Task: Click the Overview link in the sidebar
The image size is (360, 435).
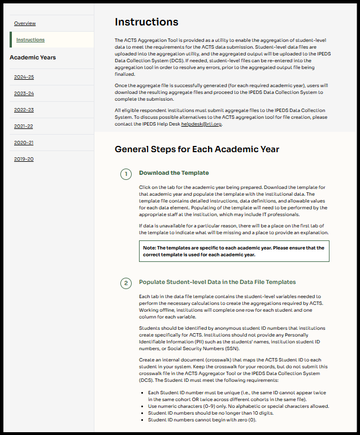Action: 25,23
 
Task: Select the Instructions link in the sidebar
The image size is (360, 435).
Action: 31,40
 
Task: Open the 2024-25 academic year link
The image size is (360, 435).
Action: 24,77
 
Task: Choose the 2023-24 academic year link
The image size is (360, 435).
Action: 24,93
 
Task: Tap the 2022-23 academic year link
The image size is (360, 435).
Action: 24,110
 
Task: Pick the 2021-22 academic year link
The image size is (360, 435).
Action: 24,126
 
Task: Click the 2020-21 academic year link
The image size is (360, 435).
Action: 24,143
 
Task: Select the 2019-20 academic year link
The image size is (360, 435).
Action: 24,159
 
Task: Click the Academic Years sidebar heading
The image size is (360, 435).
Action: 33,58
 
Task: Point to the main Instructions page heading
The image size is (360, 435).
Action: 146,22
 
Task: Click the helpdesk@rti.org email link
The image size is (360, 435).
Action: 201,124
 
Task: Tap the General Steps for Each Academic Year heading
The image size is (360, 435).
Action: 197,150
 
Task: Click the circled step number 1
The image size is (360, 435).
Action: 127,174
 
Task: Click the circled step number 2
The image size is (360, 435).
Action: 127,282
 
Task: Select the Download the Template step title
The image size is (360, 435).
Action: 174,173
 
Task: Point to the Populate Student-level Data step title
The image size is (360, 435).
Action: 218,282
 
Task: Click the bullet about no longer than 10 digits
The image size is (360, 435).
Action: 207,414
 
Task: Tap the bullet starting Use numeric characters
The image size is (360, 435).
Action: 238,407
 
